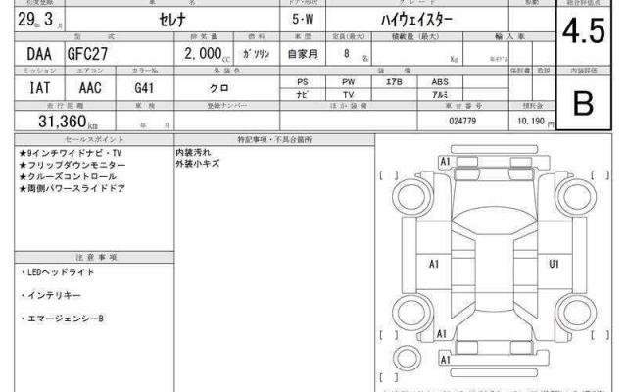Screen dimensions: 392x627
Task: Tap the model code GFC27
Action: coord(90,57)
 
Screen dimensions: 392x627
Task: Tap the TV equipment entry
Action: coord(348,94)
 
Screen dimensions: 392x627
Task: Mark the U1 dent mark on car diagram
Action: coord(555,263)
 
